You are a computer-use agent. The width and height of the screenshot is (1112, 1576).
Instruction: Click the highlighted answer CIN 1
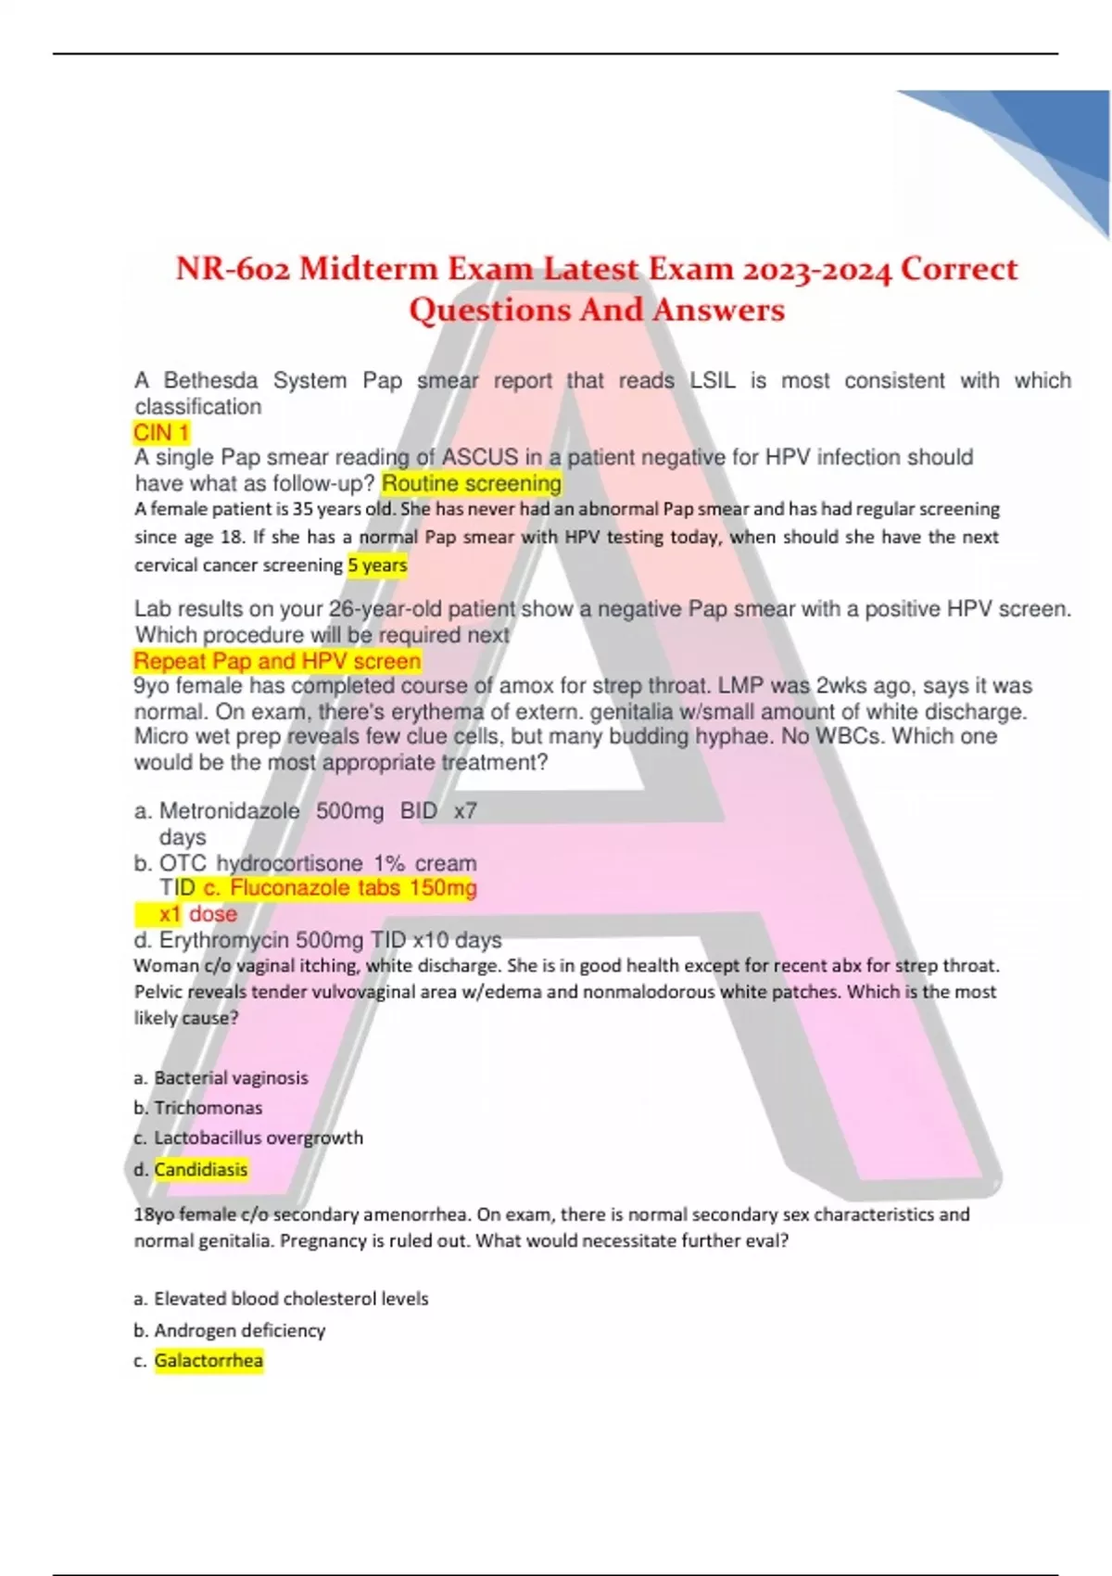(161, 433)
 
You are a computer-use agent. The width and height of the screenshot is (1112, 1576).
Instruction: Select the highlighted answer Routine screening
(472, 483)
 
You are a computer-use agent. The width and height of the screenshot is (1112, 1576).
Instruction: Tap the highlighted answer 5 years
(377, 565)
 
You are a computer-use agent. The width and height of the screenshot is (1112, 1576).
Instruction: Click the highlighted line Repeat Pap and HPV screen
(277, 661)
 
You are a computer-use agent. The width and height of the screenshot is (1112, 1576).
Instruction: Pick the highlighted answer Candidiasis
(201, 1169)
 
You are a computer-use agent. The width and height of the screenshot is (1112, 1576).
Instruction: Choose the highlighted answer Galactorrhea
(208, 1360)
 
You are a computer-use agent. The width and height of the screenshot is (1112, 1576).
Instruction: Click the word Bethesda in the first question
(210, 381)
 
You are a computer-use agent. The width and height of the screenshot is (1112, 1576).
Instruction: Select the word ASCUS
(480, 457)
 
